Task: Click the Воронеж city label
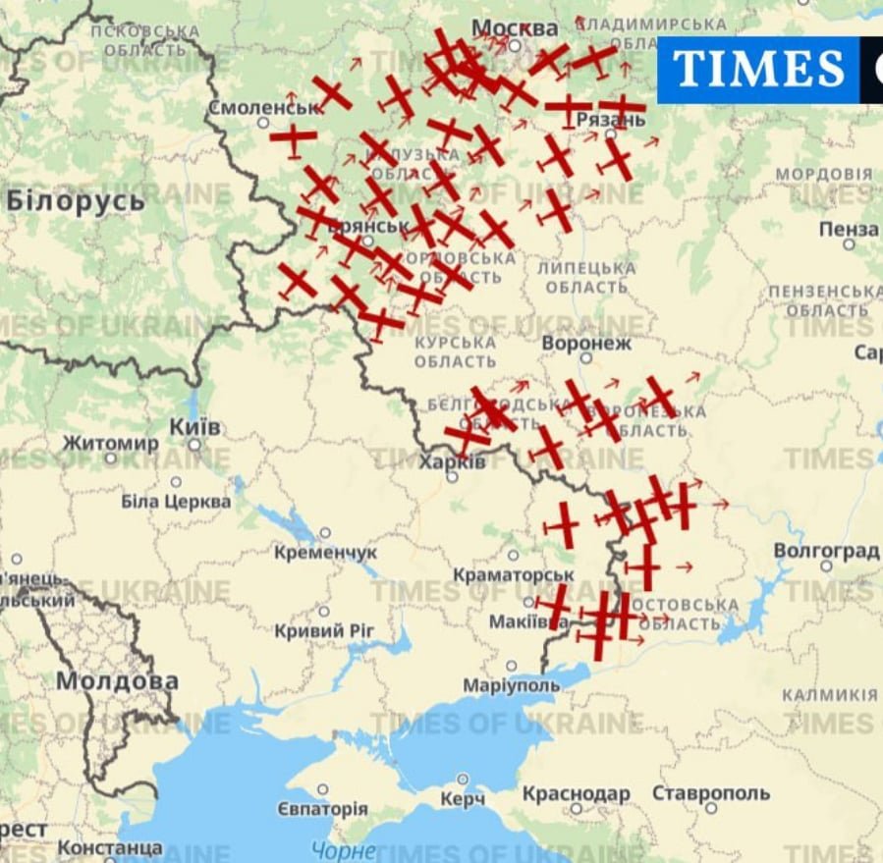click(586, 345)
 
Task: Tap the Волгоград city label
click(826, 551)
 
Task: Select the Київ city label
click(195, 428)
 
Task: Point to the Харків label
click(452, 461)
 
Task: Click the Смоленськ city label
click(264, 107)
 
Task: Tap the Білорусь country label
click(76, 200)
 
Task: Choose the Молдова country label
click(117, 680)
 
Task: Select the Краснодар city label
click(576, 793)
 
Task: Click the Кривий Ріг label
click(324, 630)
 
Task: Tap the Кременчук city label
click(325, 553)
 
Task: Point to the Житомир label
click(110, 444)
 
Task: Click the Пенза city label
click(849, 229)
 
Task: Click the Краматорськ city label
click(514, 574)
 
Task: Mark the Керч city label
click(462, 800)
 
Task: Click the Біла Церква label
click(176, 502)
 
